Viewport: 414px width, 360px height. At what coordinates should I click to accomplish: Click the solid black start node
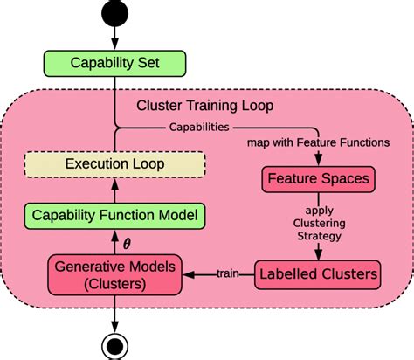(115, 15)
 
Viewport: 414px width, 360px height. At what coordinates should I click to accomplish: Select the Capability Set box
(115, 62)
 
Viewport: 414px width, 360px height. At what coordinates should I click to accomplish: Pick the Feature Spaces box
(317, 179)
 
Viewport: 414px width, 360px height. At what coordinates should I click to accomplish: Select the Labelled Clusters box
(318, 274)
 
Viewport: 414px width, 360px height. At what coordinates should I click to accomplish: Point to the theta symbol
(128, 243)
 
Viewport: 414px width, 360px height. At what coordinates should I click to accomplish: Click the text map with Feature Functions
(318, 142)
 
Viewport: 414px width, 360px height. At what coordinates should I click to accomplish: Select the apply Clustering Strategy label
(319, 224)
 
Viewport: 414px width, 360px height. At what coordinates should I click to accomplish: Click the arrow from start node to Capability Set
(115, 38)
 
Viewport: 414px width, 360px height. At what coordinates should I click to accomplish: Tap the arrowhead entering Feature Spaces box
(317, 161)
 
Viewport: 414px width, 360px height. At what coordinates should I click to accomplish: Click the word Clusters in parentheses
(114, 283)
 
